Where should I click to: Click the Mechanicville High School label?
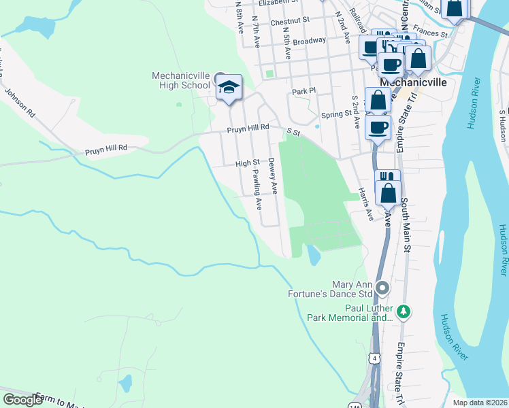point(180,80)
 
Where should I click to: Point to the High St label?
point(247,163)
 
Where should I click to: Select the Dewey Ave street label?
point(272,177)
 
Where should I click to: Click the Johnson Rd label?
point(20,100)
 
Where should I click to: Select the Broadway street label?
point(310,41)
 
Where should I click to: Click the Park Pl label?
point(304,90)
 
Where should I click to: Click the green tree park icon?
point(404,311)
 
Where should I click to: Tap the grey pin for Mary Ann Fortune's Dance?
point(382,288)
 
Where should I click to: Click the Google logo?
point(22,399)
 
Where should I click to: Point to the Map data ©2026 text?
point(480,403)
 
